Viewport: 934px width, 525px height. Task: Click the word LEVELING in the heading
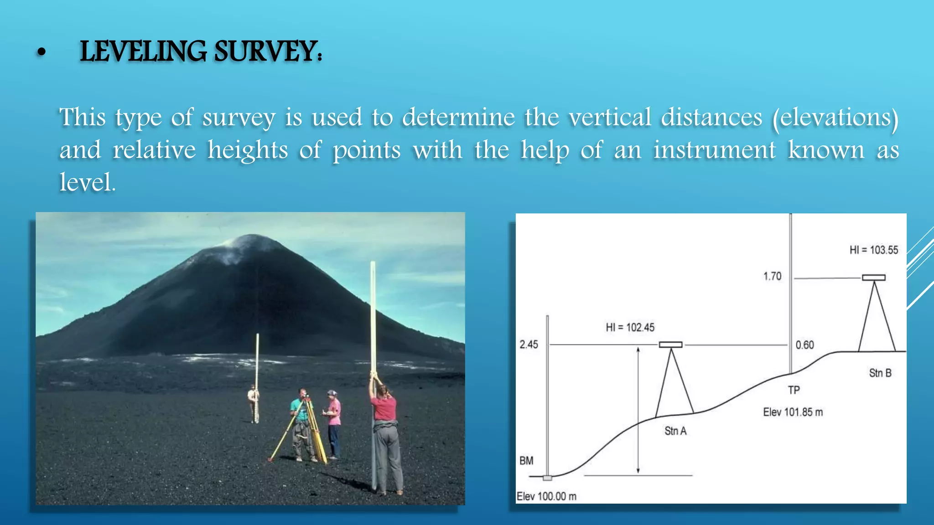click(x=143, y=51)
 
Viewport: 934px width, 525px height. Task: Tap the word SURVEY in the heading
click(x=266, y=51)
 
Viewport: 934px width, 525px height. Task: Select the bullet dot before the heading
click(x=42, y=53)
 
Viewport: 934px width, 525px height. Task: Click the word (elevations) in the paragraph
click(x=835, y=118)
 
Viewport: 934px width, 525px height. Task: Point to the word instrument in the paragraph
click(x=715, y=150)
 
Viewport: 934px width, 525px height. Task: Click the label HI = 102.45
click(x=630, y=327)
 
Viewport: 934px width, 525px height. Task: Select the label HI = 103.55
click(x=873, y=250)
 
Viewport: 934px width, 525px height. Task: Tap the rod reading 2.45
click(x=529, y=345)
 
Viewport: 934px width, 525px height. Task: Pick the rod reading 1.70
click(x=772, y=276)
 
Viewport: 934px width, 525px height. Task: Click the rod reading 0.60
click(x=804, y=345)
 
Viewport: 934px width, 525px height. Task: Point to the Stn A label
click(x=675, y=431)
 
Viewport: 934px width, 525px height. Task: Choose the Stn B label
click(x=880, y=373)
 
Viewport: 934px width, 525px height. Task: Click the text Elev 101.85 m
click(x=793, y=412)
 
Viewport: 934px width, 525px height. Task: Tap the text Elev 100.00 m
click(x=546, y=496)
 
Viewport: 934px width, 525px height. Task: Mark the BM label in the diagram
click(x=526, y=460)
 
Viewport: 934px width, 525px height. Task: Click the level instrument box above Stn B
click(x=873, y=277)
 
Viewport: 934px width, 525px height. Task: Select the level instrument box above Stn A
click(x=670, y=345)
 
